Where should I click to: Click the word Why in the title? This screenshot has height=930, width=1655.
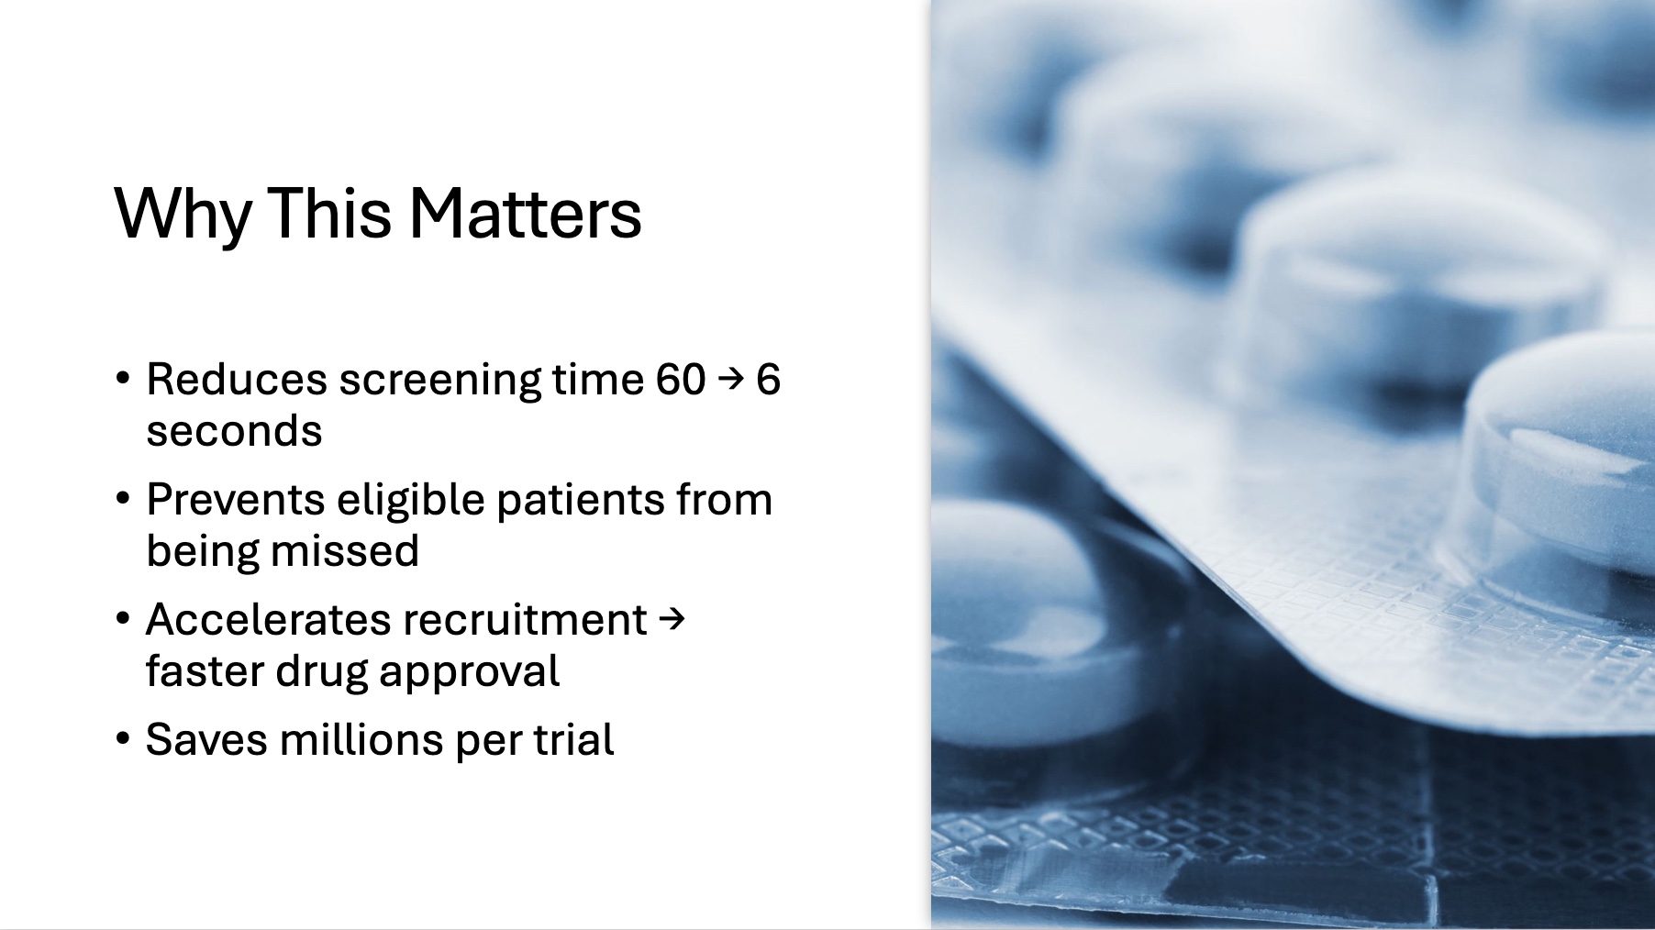point(183,215)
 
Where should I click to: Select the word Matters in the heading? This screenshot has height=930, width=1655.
point(525,213)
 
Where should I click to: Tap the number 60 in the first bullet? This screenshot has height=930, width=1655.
point(681,379)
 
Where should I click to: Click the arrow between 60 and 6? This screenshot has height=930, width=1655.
point(729,379)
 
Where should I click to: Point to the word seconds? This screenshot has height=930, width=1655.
point(234,431)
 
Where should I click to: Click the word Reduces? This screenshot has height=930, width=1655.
point(237,379)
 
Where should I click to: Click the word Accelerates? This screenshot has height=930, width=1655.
point(260,620)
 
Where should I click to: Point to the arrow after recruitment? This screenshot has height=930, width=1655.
point(672,619)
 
